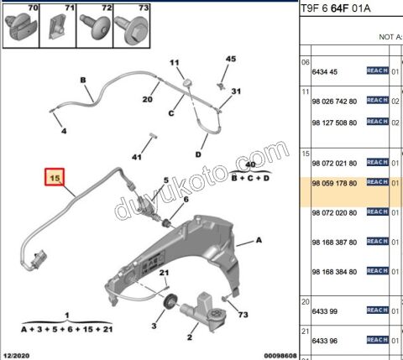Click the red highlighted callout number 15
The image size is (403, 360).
pyautogui.click(x=55, y=177)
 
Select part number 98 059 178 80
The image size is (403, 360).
pyautogui.click(x=334, y=184)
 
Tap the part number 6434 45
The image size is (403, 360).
pyautogui.click(x=325, y=72)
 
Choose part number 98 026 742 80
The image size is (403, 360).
pyautogui.click(x=334, y=102)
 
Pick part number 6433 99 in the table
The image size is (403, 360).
pyautogui.click(x=325, y=311)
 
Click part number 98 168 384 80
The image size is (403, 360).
pyautogui.click(x=334, y=272)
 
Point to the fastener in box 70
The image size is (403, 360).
pyautogui.click(x=20, y=27)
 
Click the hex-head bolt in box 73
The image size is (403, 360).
pyautogui.click(x=132, y=29)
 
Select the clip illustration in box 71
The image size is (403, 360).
pyautogui.click(x=58, y=27)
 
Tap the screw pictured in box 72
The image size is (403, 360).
pyautogui.click(x=95, y=27)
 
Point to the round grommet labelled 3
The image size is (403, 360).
pyautogui.click(x=170, y=302)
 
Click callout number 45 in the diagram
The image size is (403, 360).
pyautogui.click(x=231, y=59)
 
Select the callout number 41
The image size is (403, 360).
pyautogui.click(x=137, y=157)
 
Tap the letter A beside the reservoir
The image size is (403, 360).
pyautogui.click(x=259, y=240)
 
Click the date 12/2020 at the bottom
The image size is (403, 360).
pyautogui.click(x=17, y=356)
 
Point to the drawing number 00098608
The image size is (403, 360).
pyautogui.click(x=280, y=356)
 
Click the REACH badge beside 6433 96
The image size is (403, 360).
pyautogui.click(x=378, y=340)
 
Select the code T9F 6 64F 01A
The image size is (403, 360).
pyautogui.click(x=336, y=8)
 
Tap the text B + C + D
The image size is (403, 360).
pyautogui.click(x=250, y=178)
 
